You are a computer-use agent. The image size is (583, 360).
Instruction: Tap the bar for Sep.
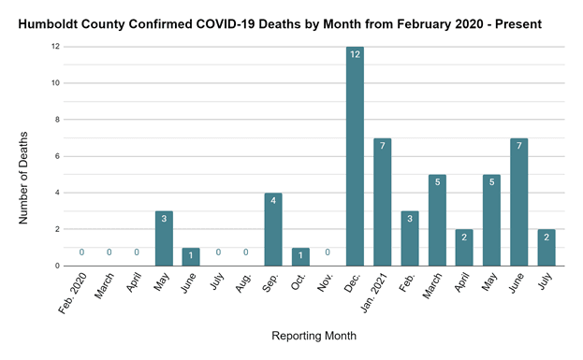[272, 229]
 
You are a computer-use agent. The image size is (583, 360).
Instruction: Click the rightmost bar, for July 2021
[547, 247]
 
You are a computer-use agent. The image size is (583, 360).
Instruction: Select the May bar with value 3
[164, 238]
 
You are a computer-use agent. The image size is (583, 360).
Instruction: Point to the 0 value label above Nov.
[328, 252]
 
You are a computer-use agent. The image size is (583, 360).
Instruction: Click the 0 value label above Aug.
[245, 252]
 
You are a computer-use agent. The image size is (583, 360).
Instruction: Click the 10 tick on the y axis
[56, 83]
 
